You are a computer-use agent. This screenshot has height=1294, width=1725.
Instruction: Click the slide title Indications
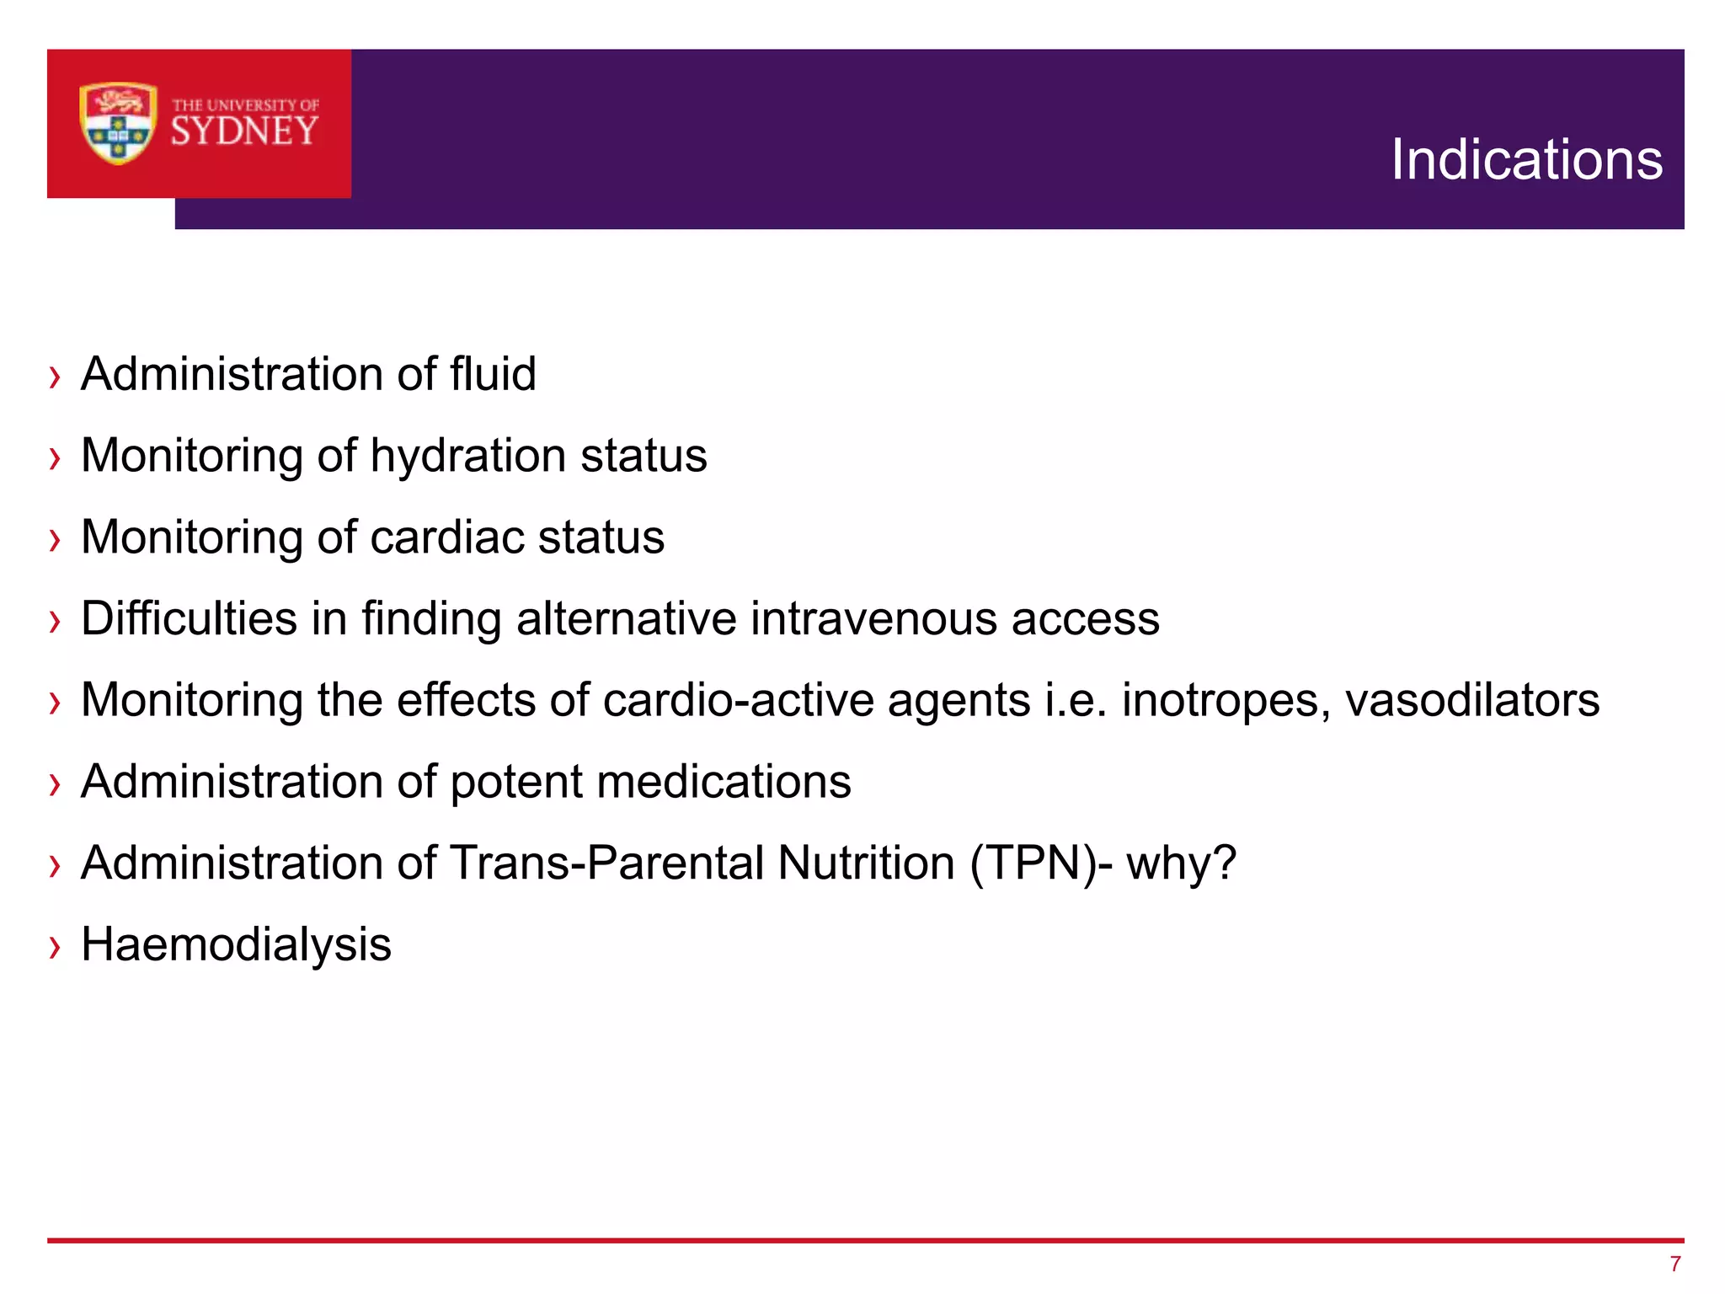coord(1526,159)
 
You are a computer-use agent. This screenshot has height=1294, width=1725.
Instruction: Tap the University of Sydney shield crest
coord(118,123)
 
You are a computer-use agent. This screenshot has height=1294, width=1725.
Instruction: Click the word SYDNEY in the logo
coord(245,131)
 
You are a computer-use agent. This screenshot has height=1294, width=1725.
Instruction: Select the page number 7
coord(1675,1264)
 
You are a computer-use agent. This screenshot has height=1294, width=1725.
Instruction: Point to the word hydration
coord(467,456)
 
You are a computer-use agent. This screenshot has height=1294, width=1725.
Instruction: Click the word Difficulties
coord(190,618)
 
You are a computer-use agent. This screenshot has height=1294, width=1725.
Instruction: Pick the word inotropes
coord(1226,700)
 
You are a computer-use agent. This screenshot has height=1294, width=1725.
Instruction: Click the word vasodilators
coord(1472,700)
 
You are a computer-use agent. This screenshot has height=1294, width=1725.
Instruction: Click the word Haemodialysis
coord(236,944)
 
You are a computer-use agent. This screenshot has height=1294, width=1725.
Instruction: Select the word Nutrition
coord(866,863)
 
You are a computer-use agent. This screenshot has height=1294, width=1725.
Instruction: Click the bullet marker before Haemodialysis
coord(56,947)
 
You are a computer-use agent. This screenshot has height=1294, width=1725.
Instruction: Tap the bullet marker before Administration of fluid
coord(56,377)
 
